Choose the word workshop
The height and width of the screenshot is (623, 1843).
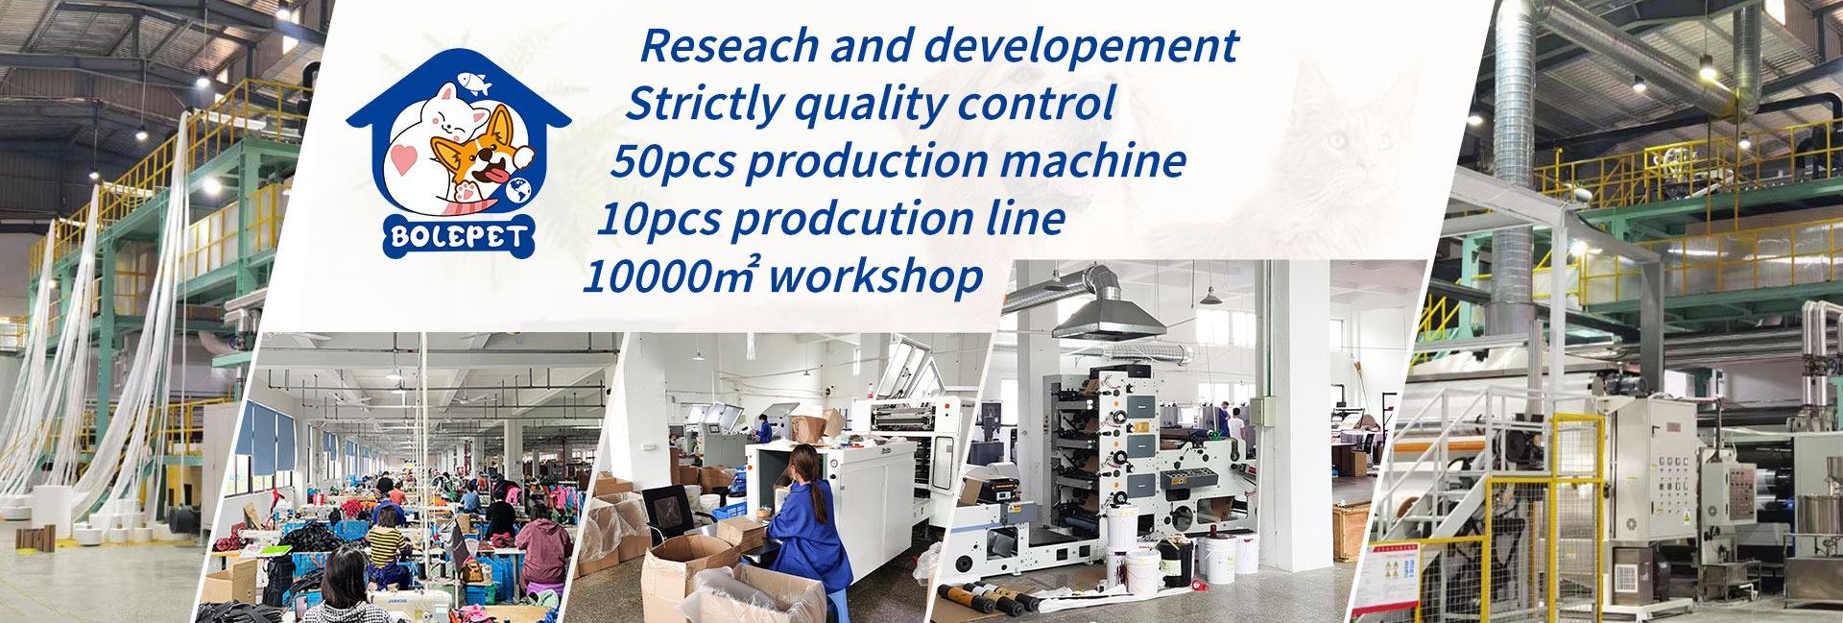click(876, 276)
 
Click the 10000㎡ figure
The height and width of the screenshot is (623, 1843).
click(672, 276)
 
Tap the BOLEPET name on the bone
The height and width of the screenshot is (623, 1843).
click(458, 236)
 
